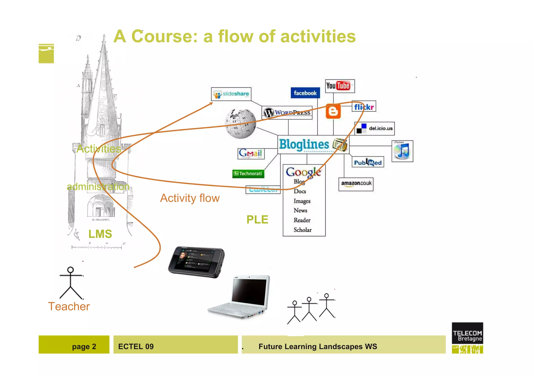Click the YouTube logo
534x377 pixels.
click(339, 86)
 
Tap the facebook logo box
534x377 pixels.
click(305, 93)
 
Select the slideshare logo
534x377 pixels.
click(231, 94)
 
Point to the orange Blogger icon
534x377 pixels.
click(333, 112)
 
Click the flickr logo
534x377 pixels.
click(364, 107)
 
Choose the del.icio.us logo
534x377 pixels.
click(374, 128)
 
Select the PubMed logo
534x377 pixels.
click(368, 163)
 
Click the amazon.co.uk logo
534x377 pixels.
click(356, 184)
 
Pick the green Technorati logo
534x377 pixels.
click(248, 174)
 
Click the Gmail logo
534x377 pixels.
click(251, 153)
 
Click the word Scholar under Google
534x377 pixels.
click(302, 230)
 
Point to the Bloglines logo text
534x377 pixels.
click(304, 145)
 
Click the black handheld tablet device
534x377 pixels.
click(196, 262)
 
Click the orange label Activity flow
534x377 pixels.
click(190, 198)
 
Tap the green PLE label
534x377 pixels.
click(257, 220)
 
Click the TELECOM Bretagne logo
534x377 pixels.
click(467, 338)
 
